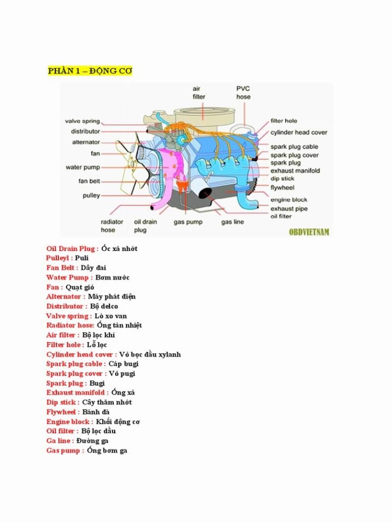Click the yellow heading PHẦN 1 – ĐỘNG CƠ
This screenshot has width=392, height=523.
pos(90,71)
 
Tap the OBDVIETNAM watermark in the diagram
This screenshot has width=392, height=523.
pos(309,231)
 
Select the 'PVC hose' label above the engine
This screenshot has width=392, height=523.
pos(243,93)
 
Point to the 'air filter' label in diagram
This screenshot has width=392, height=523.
pos(198,93)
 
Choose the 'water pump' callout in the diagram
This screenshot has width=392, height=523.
pos(83,168)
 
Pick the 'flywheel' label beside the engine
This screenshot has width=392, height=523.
pos(282,188)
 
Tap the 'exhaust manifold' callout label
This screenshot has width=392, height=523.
pos(295,171)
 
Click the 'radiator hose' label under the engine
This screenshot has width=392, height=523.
pos(112,225)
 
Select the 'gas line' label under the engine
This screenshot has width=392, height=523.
pos(232,222)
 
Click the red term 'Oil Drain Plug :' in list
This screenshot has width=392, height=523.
pos(72,249)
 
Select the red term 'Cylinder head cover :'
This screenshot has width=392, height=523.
pos(81,354)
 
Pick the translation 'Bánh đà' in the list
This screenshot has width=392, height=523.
pos(92,412)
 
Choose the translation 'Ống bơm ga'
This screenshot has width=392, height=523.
pos(107,450)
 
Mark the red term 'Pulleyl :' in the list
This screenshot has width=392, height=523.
pos(59,258)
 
